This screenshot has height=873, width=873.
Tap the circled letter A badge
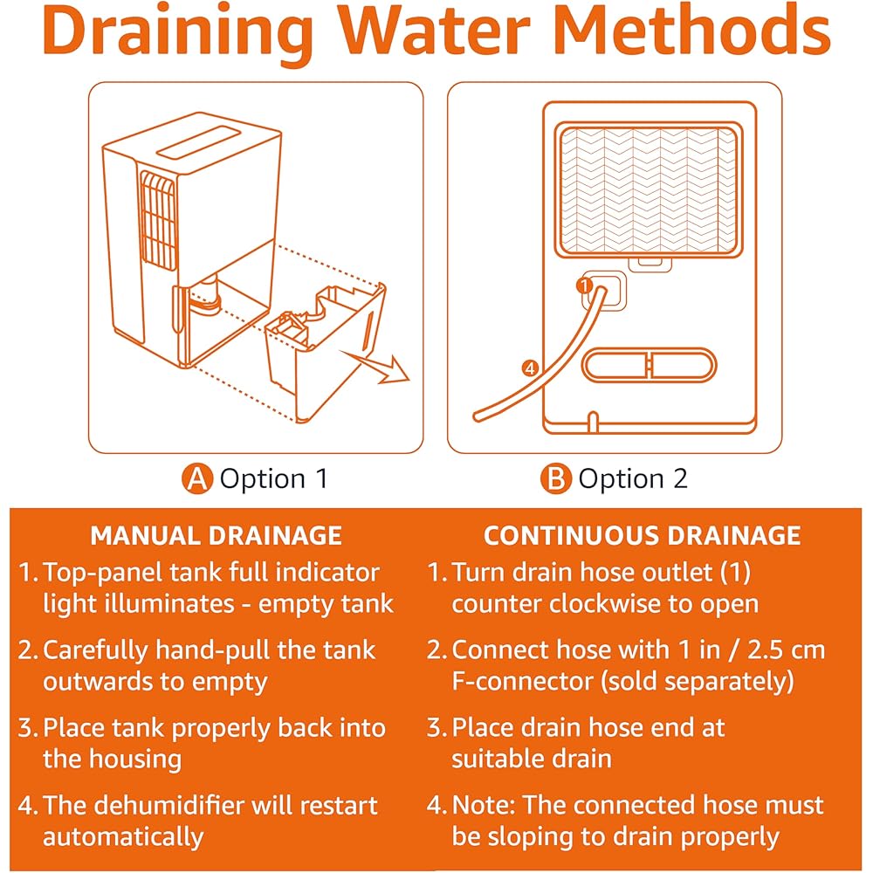[x=197, y=478]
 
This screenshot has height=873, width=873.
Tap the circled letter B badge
[x=555, y=478]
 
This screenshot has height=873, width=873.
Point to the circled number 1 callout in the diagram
[x=585, y=285]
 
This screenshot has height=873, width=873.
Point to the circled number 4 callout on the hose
[x=530, y=368]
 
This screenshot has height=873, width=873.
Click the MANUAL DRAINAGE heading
[x=216, y=536]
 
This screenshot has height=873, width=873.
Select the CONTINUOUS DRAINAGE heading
[x=642, y=536]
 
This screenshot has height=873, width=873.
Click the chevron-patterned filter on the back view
[x=649, y=189]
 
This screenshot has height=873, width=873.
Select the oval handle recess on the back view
[x=650, y=365]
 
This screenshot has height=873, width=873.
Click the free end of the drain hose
[x=478, y=416]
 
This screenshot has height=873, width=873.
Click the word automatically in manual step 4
[x=124, y=837]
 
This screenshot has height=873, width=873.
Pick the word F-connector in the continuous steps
[x=522, y=682]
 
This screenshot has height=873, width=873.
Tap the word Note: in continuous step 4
[x=485, y=805]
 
